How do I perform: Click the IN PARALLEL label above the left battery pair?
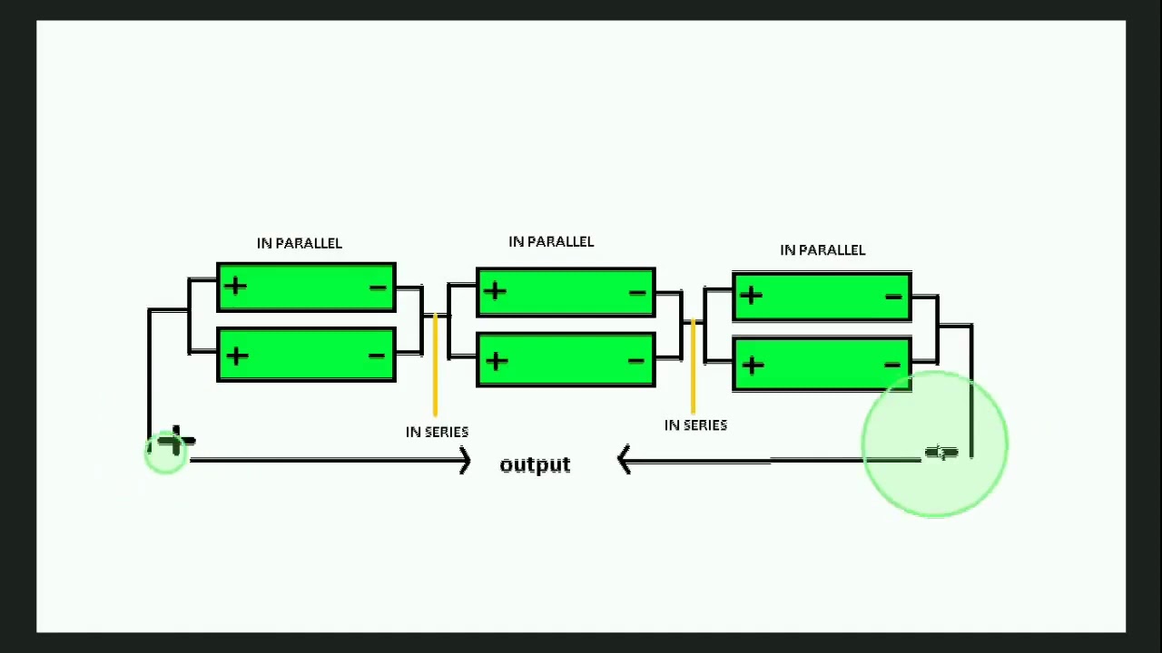coord(299,243)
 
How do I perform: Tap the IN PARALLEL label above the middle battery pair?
coord(550,241)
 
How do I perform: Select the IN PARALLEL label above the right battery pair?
coord(822,249)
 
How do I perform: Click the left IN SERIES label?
coord(437,432)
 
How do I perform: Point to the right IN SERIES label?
coord(695,424)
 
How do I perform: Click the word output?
coord(535,464)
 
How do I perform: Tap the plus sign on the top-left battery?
coord(235,287)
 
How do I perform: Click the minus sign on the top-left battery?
coord(378,288)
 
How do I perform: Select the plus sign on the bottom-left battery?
coord(236,356)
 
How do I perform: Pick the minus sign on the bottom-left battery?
coord(377,355)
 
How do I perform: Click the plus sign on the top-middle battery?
coord(495,291)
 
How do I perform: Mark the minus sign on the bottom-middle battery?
coord(635,361)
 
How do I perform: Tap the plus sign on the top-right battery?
coord(751,295)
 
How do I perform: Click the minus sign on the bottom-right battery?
coord(892,365)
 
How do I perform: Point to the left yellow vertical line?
coord(435,363)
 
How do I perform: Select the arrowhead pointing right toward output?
coord(464,461)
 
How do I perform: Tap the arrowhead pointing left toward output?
coord(625,461)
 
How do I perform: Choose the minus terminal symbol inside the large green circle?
coord(941,453)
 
